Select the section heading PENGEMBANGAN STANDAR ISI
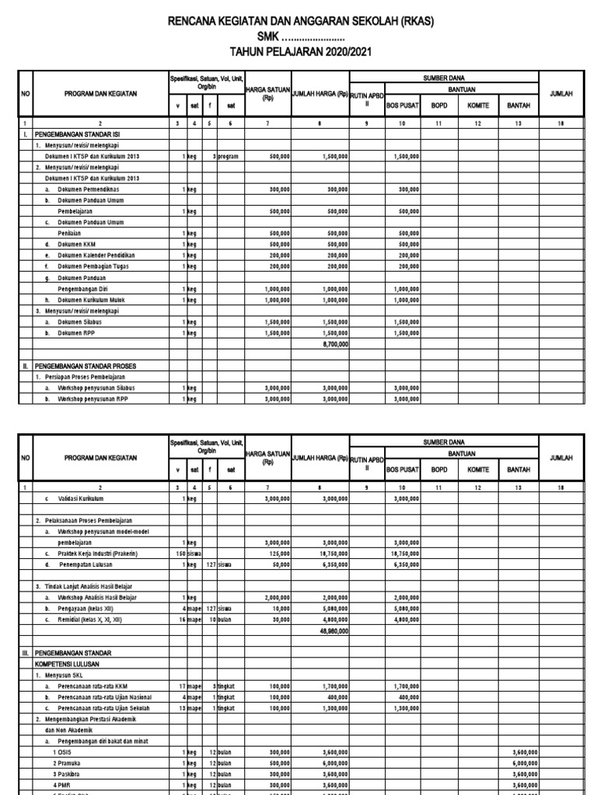tap(75, 134)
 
